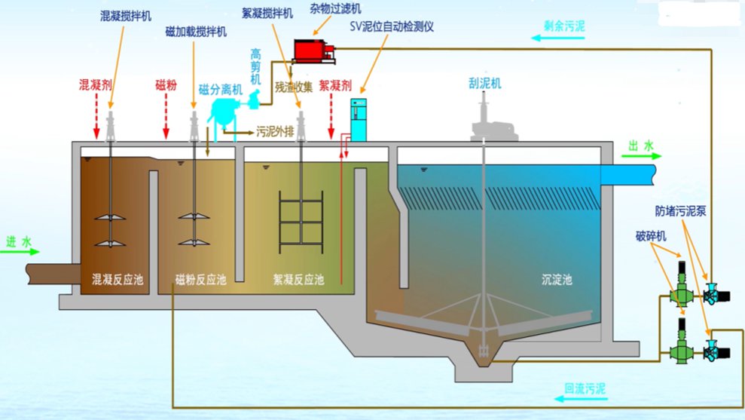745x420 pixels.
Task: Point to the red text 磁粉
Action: [166, 84]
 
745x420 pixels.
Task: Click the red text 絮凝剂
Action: [335, 85]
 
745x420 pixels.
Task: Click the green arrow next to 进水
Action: [20, 253]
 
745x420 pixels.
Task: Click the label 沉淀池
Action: [557, 280]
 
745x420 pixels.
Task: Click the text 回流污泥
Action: [585, 389]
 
